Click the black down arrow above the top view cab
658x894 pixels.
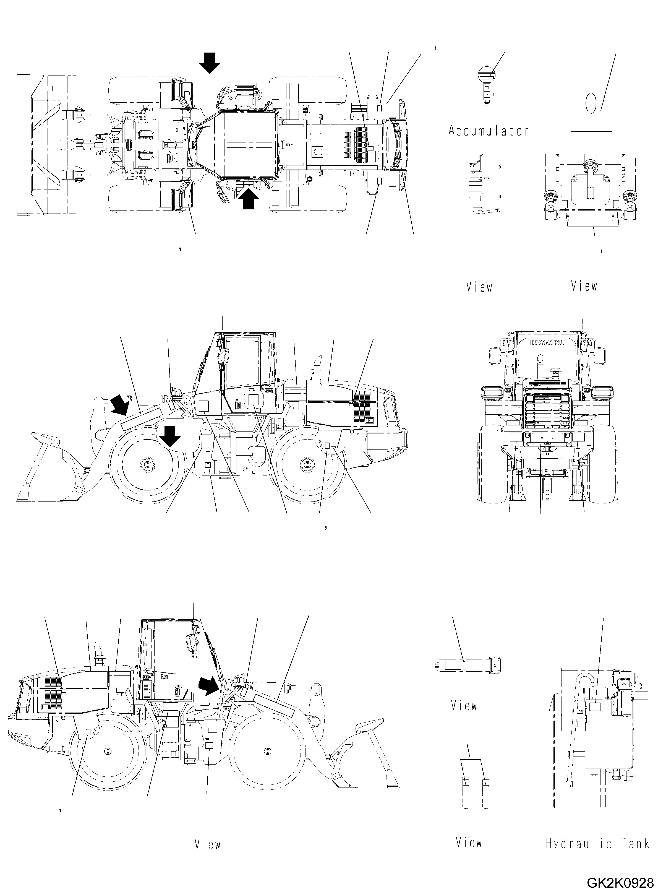click(210, 63)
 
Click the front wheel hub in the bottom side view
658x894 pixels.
click(266, 751)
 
